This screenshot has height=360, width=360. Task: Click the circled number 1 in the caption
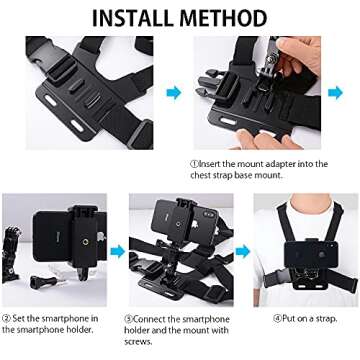194,164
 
